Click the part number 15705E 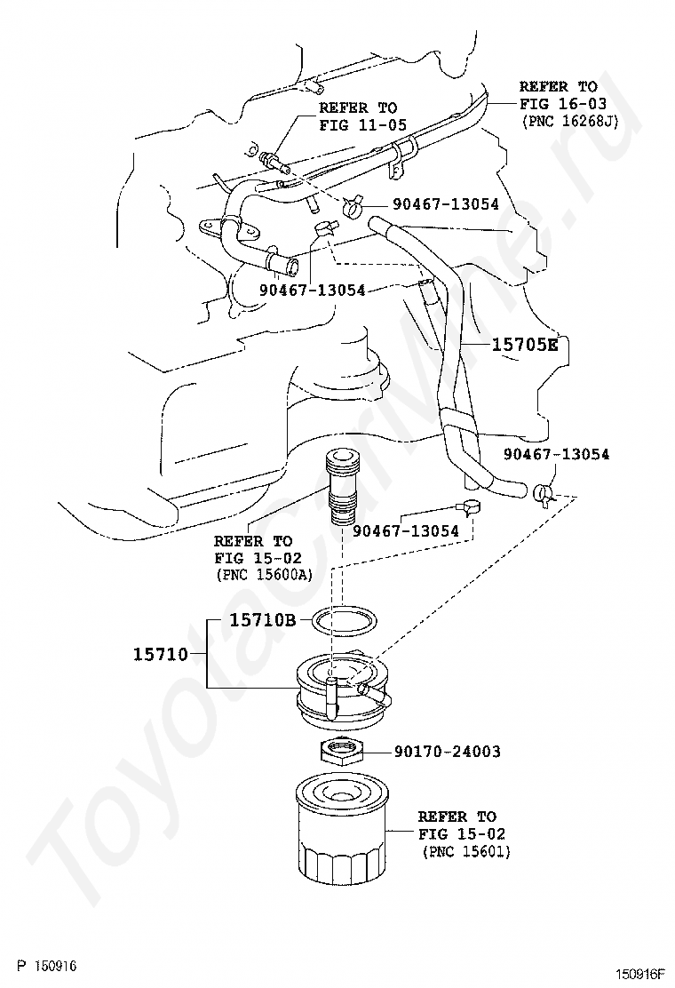pos(525,345)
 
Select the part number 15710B pos(262,620)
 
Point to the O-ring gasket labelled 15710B pos(341,619)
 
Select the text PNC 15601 pos(467,852)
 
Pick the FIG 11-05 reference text pos(362,125)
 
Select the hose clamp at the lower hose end pos(544,491)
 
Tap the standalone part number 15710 pos(161,655)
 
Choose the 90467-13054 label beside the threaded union pos(406,531)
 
